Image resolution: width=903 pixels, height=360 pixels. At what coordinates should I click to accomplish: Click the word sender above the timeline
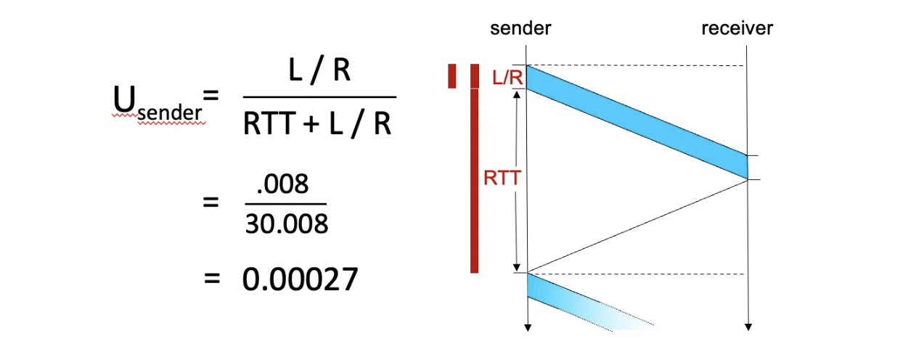[x=520, y=29]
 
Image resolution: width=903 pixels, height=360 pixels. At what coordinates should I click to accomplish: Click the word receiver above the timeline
[x=737, y=29]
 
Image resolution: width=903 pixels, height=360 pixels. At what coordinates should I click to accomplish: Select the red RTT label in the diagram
[x=501, y=178]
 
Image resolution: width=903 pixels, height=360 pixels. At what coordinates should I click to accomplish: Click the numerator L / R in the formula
[x=319, y=73]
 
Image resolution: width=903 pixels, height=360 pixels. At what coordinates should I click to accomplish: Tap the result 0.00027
[x=301, y=279]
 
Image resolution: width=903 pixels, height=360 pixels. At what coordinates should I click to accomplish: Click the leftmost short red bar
[x=452, y=76]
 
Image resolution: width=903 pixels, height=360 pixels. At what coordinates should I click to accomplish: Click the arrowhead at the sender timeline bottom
[x=528, y=327]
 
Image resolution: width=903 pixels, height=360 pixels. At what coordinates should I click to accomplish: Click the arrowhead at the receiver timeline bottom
[x=747, y=327]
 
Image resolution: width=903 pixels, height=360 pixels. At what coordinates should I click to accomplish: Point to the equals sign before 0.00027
[x=211, y=279]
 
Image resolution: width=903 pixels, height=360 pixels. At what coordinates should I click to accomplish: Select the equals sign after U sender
[x=211, y=95]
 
